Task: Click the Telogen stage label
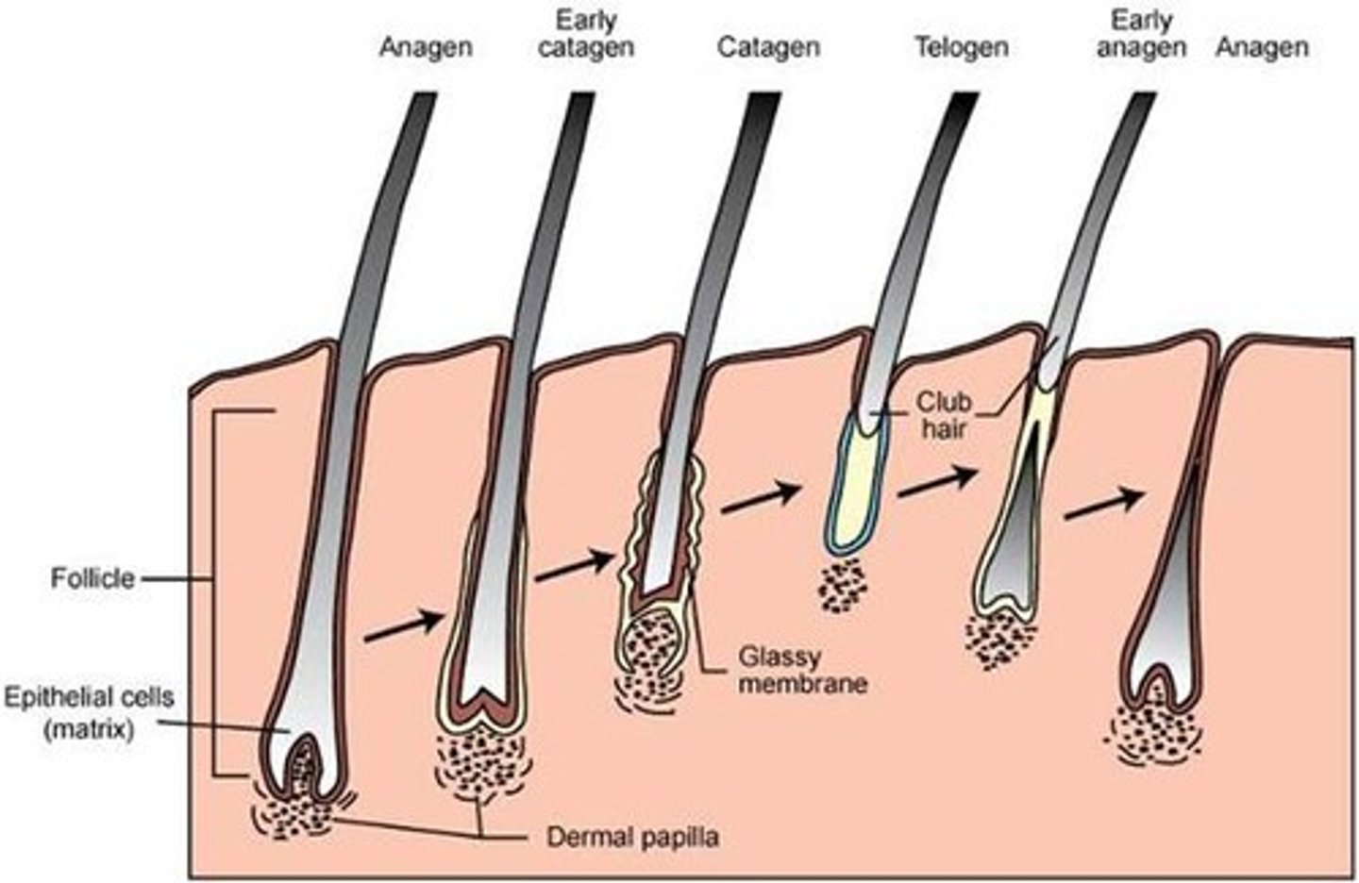coord(961,45)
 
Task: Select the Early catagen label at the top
coord(585,34)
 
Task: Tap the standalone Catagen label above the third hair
coord(767,45)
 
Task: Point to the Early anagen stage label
coord(1140,34)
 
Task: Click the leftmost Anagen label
coord(425,45)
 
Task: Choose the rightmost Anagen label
coord(1262,45)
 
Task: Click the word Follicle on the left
coord(92,577)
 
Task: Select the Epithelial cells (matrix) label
coord(89,712)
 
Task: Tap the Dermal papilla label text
coord(632,836)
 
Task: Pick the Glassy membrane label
coord(801,669)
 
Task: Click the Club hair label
coord(943,415)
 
